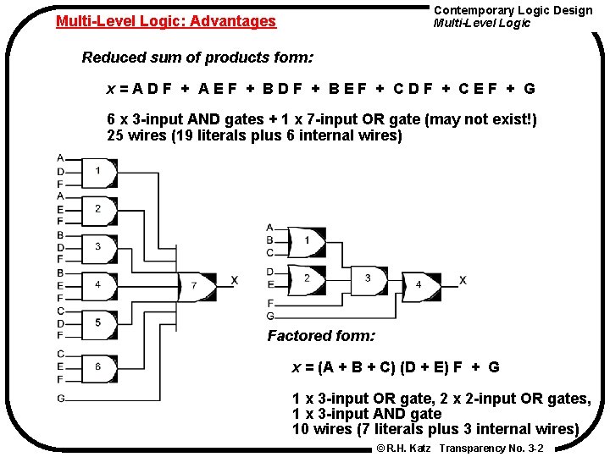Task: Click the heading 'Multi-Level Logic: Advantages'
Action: click(166, 21)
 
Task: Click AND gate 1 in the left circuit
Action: click(98, 172)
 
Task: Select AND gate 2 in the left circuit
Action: click(98, 209)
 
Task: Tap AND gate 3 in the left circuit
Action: click(98, 246)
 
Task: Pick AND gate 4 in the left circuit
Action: click(98, 284)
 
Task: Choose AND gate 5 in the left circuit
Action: click(98, 322)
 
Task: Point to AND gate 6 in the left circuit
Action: click(98, 366)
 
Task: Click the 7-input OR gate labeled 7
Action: click(195, 285)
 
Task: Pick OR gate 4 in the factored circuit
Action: click(419, 285)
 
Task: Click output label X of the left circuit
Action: click(235, 281)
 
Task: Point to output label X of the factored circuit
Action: click(463, 280)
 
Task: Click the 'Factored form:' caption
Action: click(321, 336)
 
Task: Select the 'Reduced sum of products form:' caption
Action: click(197, 58)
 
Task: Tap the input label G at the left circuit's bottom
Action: click(61, 398)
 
